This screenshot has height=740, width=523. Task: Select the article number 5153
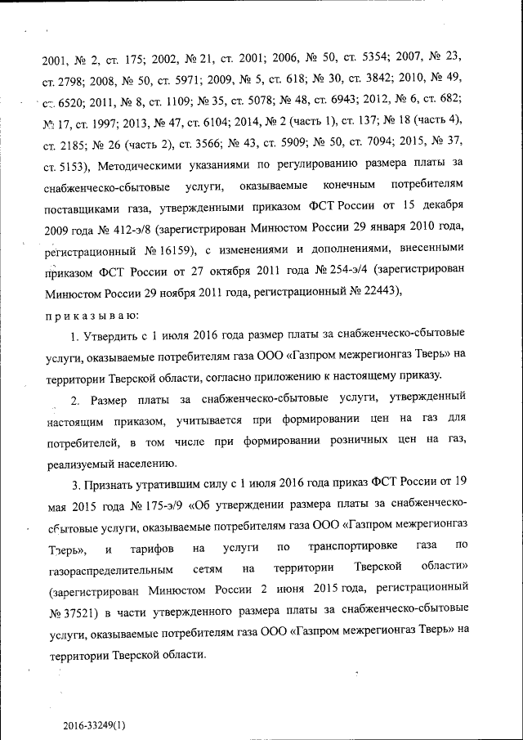click(x=69, y=167)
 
